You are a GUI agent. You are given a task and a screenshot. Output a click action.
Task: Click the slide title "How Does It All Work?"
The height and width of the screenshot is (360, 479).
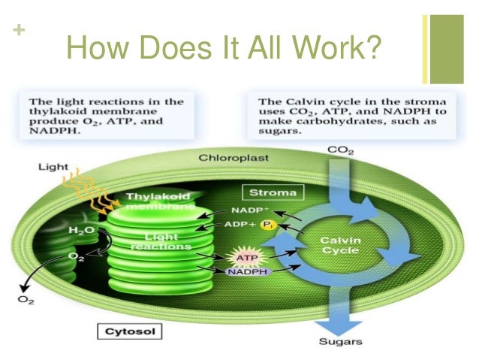(x=224, y=50)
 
